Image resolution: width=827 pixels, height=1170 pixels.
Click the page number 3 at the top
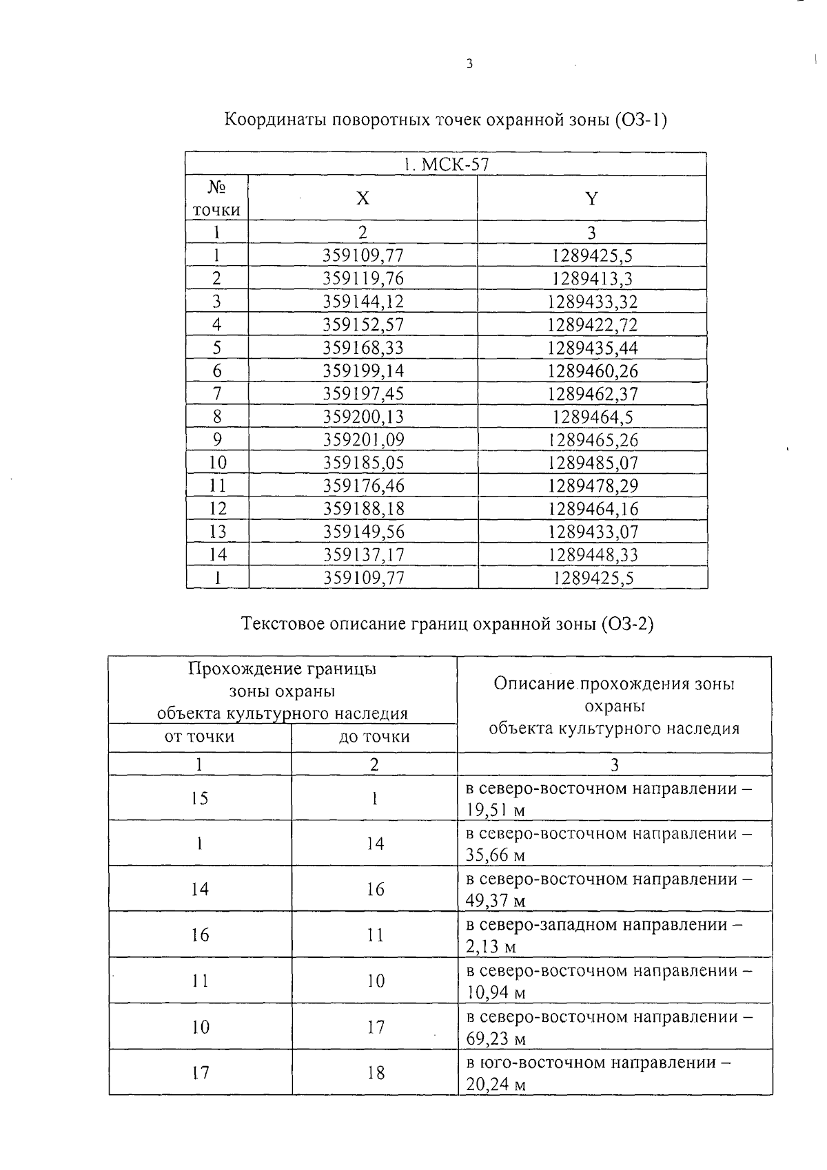click(469, 65)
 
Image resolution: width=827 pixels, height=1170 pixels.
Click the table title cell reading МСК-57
click(446, 165)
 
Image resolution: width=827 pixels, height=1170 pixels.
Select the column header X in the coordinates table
click(363, 199)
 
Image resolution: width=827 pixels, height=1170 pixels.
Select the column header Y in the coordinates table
click(591, 199)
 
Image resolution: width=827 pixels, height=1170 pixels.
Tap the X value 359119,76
click(363, 279)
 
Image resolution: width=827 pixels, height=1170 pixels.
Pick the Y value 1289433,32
click(593, 302)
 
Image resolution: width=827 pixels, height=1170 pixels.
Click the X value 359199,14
click(363, 371)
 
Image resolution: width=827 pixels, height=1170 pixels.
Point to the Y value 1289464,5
click(593, 417)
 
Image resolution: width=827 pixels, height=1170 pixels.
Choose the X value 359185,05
click(363, 463)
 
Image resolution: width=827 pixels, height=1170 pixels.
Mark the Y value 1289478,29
click(593, 486)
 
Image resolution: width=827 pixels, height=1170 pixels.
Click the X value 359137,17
click(363, 555)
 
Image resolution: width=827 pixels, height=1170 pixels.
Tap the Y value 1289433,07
click(593, 532)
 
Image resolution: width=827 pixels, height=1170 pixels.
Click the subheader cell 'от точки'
click(199, 737)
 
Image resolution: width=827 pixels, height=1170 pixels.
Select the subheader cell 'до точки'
click(374, 737)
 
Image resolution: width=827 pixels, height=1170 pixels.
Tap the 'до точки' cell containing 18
click(375, 1073)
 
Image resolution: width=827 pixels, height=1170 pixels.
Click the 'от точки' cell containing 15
click(199, 799)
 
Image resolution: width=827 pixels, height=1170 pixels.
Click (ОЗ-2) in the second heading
click(626, 625)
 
